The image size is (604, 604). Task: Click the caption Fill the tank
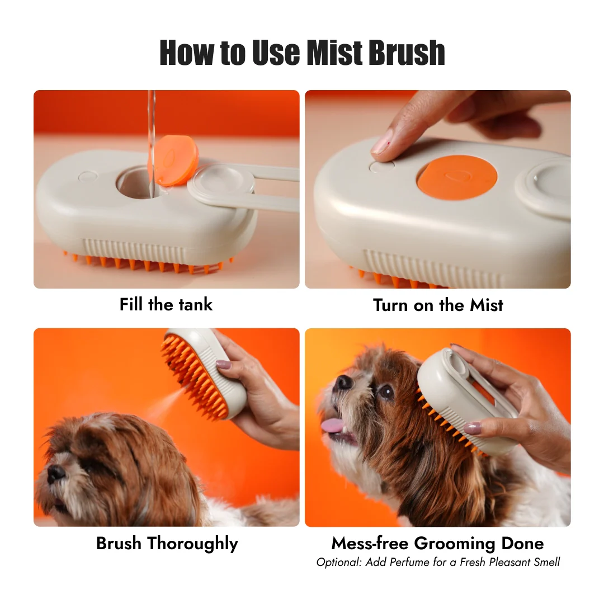pyautogui.click(x=166, y=305)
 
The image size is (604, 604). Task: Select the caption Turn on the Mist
pyautogui.click(x=438, y=305)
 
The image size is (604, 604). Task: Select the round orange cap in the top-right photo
pyautogui.click(x=457, y=177)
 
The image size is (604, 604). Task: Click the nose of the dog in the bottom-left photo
pyautogui.click(x=56, y=474)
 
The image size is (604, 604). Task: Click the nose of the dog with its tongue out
pyautogui.click(x=343, y=382)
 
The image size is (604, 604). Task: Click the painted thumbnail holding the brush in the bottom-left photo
pyautogui.click(x=223, y=365)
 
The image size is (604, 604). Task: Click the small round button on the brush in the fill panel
pyautogui.click(x=88, y=176)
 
